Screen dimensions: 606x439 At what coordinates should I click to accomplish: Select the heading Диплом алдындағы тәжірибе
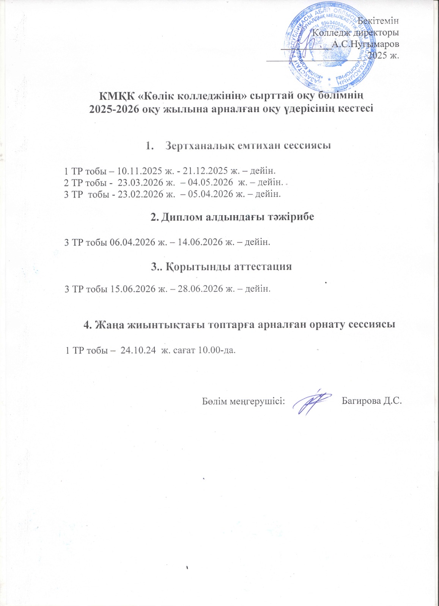click(233, 217)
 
